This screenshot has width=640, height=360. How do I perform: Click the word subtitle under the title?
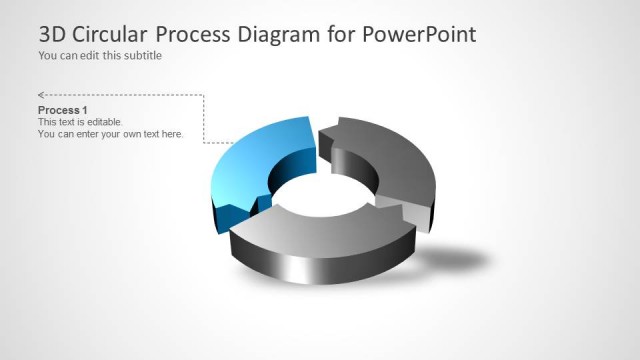(142, 56)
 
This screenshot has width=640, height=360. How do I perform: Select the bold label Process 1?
(63, 109)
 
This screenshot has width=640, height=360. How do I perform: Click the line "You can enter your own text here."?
(110, 133)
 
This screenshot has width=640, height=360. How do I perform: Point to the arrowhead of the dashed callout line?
(41, 96)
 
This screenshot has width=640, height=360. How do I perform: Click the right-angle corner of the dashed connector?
(204, 97)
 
